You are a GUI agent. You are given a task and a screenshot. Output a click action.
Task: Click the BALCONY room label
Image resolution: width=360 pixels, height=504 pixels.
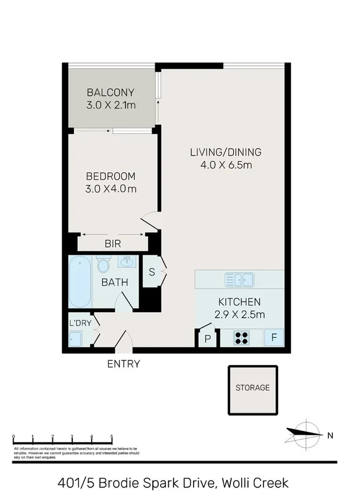(111, 92)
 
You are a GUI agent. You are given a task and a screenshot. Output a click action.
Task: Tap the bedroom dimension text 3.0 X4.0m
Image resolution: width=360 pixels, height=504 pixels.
(111, 189)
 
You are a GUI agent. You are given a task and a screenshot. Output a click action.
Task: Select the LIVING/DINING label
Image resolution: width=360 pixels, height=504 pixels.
(225, 152)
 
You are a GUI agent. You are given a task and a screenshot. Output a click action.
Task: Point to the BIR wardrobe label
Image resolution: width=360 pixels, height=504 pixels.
(113, 243)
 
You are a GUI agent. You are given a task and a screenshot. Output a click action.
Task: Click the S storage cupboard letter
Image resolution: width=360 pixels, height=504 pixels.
(152, 272)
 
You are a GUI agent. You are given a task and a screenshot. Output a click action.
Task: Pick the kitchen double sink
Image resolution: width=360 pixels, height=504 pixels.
(239, 279)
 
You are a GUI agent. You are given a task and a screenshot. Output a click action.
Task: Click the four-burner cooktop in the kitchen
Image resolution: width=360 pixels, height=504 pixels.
(242, 338)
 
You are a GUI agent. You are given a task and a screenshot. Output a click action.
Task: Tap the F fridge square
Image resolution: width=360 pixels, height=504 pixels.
(274, 338)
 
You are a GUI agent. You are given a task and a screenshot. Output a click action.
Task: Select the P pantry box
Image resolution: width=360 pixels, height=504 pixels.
(207, 339)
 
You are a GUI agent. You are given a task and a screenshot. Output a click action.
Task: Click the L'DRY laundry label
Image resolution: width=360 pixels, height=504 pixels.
(79, 323)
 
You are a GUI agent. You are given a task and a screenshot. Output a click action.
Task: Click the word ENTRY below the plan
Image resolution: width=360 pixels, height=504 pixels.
(124, 364)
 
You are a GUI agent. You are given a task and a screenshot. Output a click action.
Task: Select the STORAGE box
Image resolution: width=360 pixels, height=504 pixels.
(252, 388)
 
